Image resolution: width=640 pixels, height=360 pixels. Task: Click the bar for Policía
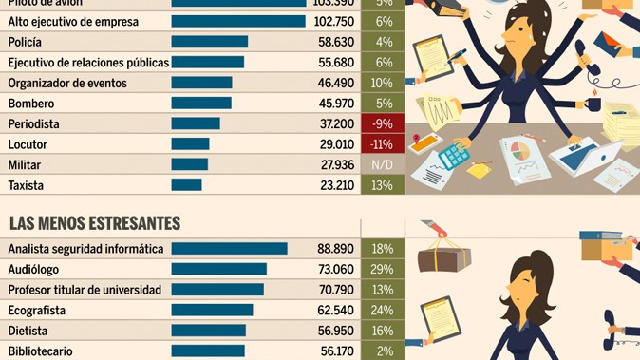(210, 42)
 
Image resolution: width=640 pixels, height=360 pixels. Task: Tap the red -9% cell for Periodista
(383, 123)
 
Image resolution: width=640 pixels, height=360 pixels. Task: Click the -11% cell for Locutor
(383, 144)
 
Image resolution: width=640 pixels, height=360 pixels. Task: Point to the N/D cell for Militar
(383, 165)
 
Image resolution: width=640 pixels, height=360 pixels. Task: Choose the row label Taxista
(27, 185)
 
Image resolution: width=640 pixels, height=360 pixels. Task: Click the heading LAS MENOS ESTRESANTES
(94, 223)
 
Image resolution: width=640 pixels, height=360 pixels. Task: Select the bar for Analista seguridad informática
(229, 248)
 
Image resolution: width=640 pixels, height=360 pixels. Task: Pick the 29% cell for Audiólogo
(383, 269)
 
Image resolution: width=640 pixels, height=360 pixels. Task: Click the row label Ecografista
(38, 310)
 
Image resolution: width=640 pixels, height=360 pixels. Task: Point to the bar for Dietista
(209, 331)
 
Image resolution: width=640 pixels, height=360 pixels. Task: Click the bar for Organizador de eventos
(202, 83)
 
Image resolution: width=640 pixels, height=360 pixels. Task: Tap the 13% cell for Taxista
(383, 185)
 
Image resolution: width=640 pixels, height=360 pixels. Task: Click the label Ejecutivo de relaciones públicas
(87, 63)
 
